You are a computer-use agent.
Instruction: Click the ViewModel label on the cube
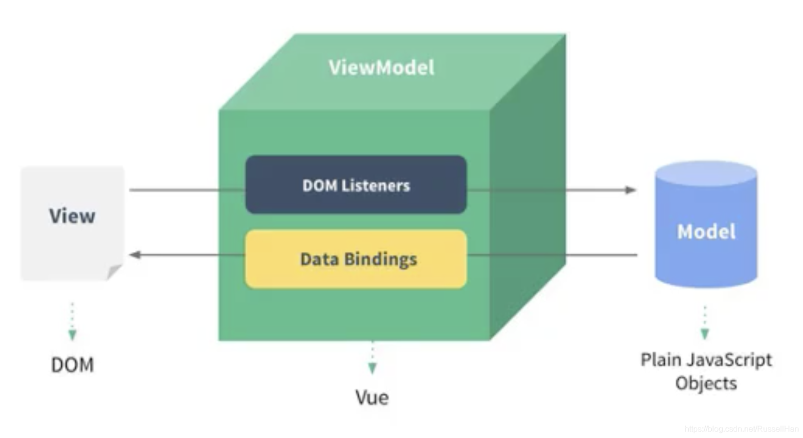382,67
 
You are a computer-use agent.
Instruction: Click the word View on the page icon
72,216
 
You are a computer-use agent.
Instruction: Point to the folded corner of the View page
114,271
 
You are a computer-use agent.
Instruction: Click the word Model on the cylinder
706,231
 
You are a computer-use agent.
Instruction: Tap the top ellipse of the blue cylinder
706,173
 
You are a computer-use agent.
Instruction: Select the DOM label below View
72,365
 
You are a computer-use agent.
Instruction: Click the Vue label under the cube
372,397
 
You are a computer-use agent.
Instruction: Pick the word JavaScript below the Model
729,360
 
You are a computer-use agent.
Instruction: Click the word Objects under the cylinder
706,383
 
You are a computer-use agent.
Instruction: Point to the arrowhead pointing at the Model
631,190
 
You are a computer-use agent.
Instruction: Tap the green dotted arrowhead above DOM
72,334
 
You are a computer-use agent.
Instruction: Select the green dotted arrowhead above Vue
372,368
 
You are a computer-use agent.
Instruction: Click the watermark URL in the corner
742,429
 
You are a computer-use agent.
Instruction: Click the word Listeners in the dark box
376,185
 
